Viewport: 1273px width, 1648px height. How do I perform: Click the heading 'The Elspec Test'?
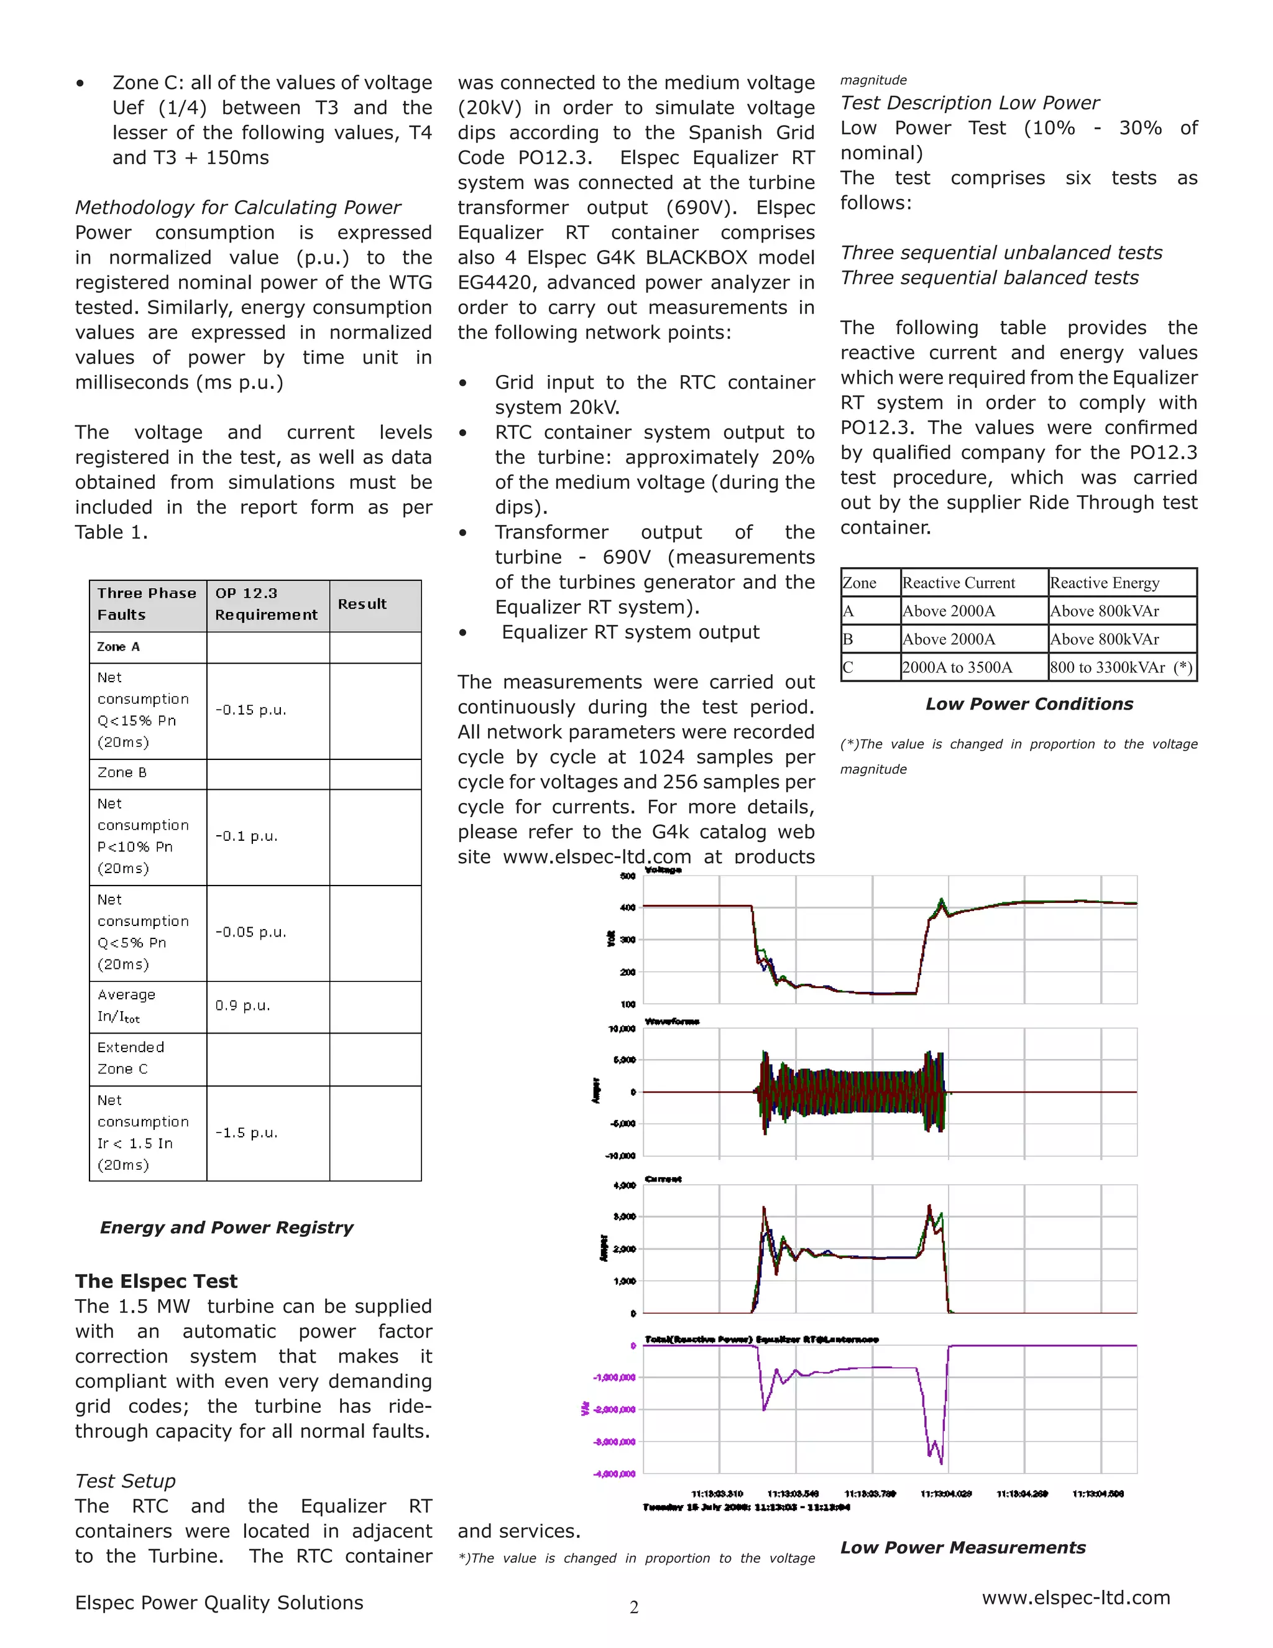(156, 1281)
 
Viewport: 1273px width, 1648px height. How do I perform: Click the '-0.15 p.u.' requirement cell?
(251, 710)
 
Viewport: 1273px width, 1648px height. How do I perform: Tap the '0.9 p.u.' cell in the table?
(243, 1006)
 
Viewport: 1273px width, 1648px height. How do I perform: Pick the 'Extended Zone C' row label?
(131, 1058)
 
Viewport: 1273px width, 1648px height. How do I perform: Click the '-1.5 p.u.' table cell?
(247, 1132)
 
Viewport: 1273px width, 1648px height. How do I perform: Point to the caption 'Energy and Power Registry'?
(226, 1228)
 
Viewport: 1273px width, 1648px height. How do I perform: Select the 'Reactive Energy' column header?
(1104, 583)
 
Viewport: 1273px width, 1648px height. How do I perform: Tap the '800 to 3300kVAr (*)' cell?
(1121, 668)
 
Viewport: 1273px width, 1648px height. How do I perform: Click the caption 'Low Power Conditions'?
(1029, 704)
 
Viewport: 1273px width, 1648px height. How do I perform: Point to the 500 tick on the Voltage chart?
(627, 876)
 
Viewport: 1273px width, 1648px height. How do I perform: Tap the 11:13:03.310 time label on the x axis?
(717, 1494)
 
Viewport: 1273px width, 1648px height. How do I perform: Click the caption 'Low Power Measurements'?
(962, 1548)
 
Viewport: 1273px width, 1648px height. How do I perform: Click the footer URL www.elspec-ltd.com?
(1075, 1598)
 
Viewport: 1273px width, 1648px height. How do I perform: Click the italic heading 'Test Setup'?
(125, 1481)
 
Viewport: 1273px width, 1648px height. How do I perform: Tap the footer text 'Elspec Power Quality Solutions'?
(219, 1603)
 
